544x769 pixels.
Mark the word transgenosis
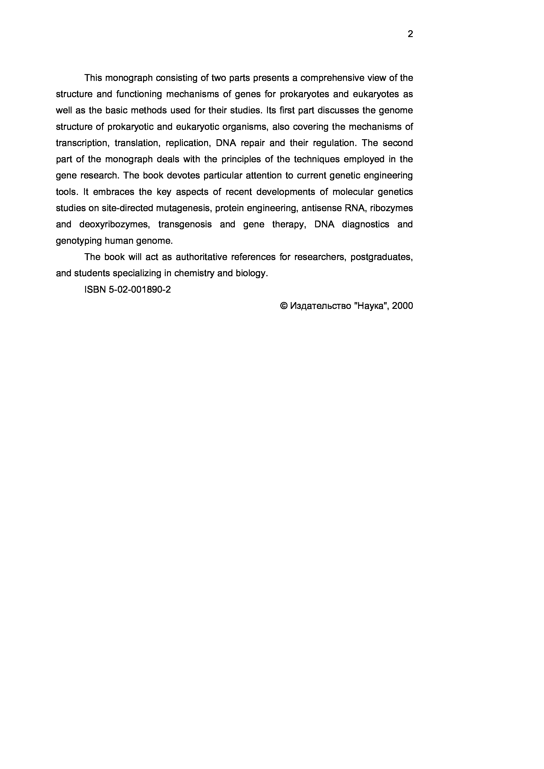185,224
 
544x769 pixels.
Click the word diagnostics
365,224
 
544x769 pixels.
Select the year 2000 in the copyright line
402,306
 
